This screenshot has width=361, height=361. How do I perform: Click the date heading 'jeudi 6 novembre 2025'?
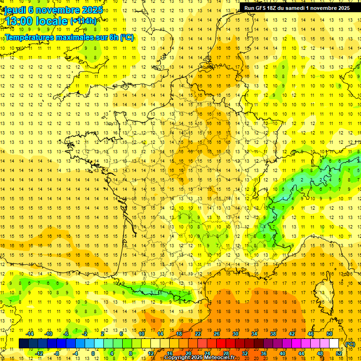pyautogui.click(x=54, y=9)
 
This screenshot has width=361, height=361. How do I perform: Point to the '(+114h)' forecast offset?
pyautogui.click(x=83, y=21)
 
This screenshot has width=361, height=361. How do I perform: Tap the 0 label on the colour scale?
pyautogui.click(x=93, y=353)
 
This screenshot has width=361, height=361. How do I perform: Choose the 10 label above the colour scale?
pyautogui.click(x=141, y=334)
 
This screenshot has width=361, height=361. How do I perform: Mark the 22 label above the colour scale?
pyautogui.click(x=198, y=334)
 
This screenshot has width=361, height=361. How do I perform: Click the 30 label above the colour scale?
pyautogui.click(x=235, y=334)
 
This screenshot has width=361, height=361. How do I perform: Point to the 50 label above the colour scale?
pyautogui.click(x=330, y=334)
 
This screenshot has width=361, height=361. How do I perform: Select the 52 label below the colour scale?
pyautogui.click(x=339, y=353)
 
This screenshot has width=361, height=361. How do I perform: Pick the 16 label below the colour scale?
pyautogui.click(x=170, y=353)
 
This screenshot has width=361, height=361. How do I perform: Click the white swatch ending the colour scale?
pyautogui.click(x=334, y=344)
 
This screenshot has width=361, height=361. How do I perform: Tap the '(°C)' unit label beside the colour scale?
pyautogui.click(x=350, y=344)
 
